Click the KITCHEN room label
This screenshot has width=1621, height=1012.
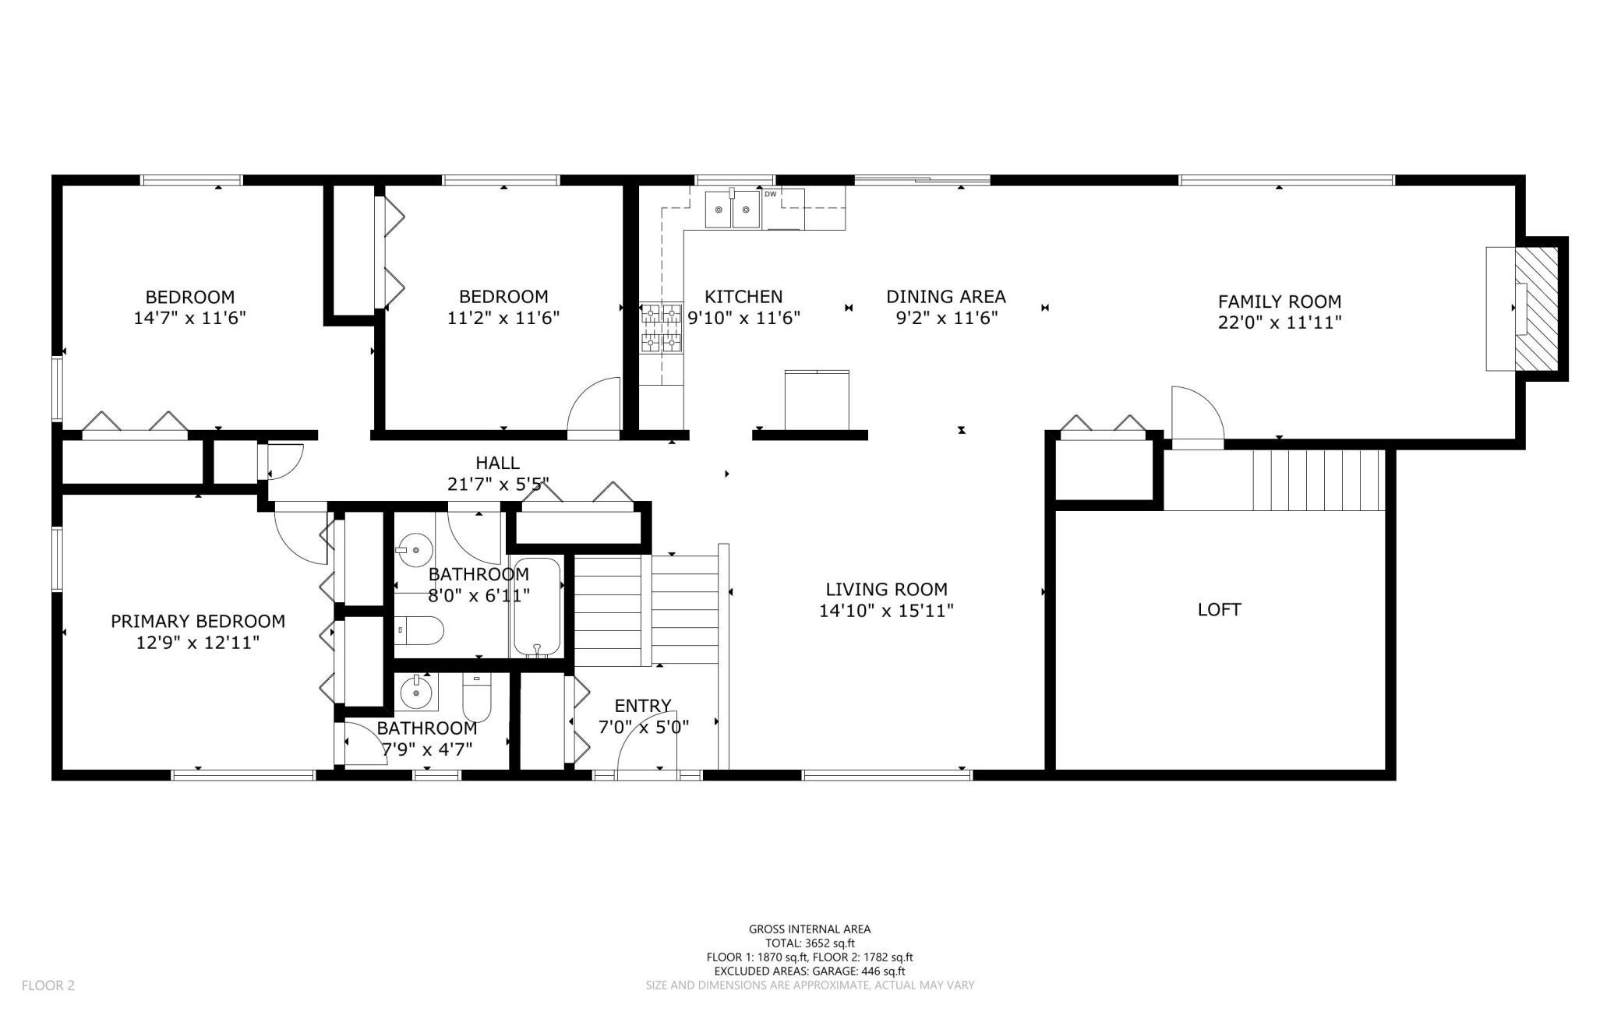pyautogui.click(x=743, y=297)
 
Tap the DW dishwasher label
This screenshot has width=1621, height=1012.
pyautogui.click(x=770, y=194)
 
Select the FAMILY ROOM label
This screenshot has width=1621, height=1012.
pyautogui.click(x=1280, y=301)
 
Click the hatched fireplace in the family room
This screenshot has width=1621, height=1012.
pyautogui.click(x=1536, y=309)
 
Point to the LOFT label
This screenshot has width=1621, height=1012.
pyautogui.click(x=1219, y=609)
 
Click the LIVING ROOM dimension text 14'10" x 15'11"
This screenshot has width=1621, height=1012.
pyautogui.click(x=886, y=611)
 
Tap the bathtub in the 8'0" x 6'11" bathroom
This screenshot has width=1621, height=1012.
pyautogui.click(x=536, y=608)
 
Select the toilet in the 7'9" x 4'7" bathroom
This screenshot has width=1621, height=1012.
pyautogui.click(x=476, y=697)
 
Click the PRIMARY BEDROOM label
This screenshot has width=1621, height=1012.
pyautogui.click(x=198, y=621)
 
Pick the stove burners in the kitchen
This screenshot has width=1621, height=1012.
pyautogui.click(x=661, y=328)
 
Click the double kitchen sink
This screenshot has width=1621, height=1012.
pyautogui.click(x=733, y=209)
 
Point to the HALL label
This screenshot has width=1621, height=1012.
pyautogui.click(x=498, y=463)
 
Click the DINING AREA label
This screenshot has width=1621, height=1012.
pyautogui.click(x=946, y=297)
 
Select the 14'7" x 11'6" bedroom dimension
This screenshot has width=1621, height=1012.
pyautogui.click(x=190, y=318)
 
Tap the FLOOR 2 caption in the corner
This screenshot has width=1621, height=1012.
pyautogui.click(x=48, y=986)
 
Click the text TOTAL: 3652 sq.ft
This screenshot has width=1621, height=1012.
pyautogui.click(x=810, y=943)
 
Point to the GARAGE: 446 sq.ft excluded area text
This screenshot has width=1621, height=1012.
pyautogui.click(x=859, y=971)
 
